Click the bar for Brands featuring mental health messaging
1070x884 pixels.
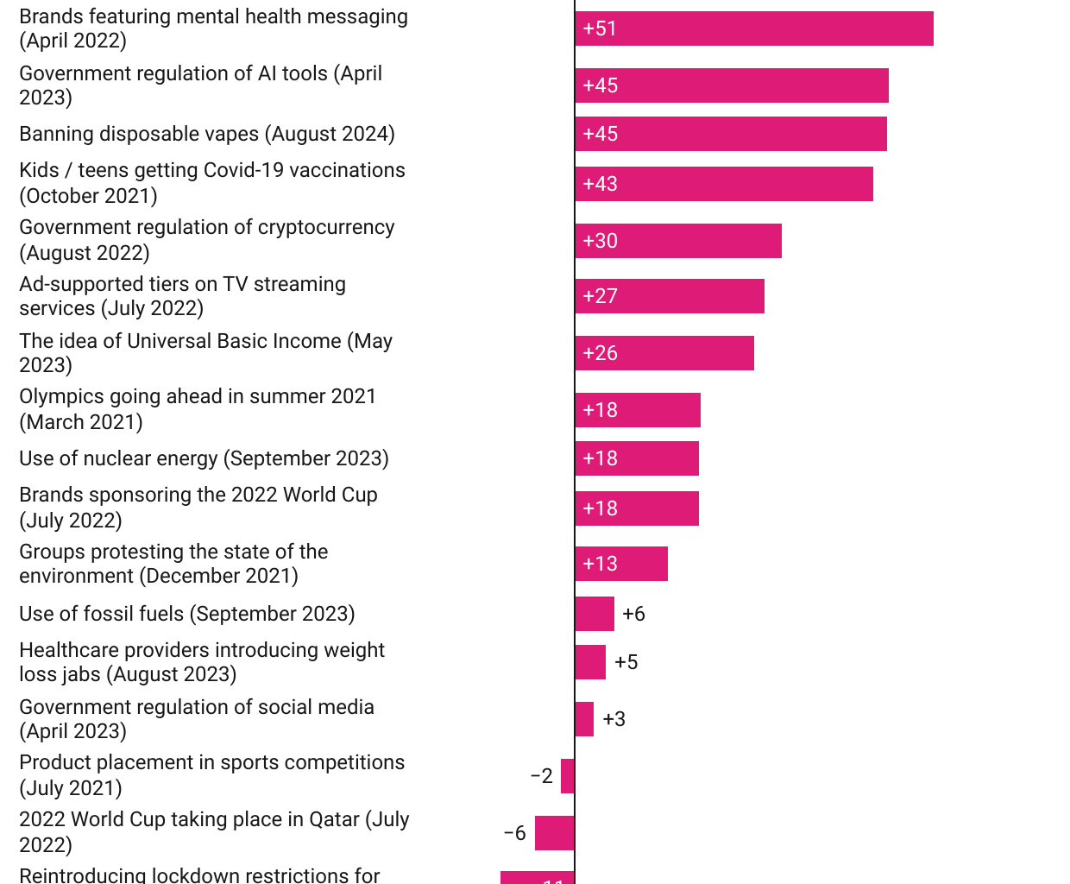(x=754, y=28)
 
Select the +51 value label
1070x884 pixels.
(x=600, y=28)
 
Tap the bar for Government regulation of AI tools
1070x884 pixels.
(x=732, y=85)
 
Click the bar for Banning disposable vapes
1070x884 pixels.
(x=731, y=134)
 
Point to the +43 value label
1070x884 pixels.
(x=600, y=184)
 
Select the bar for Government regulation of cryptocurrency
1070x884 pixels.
(x=678, y=241)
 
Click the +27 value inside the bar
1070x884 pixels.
(x=600, y=296)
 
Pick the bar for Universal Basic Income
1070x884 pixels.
(x=664, y=353)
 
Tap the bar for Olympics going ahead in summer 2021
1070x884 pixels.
(x=638, y=410)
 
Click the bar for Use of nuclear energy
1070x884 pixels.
(x=637, y=458)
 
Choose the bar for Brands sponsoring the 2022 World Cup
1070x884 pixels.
(x=637, y=508)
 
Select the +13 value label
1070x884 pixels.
(x=600, y=564)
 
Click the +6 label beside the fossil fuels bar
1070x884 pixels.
(x=633, y=614)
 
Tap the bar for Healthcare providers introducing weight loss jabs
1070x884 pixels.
(x=590, y=662)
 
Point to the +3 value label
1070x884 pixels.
(x=614, y=719)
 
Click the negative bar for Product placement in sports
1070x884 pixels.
(x=567, y=776)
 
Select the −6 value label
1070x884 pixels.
(x=514, y=833)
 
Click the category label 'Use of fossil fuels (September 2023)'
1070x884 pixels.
(x=187, y=614)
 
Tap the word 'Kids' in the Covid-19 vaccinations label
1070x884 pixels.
(x=39, y=170)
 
